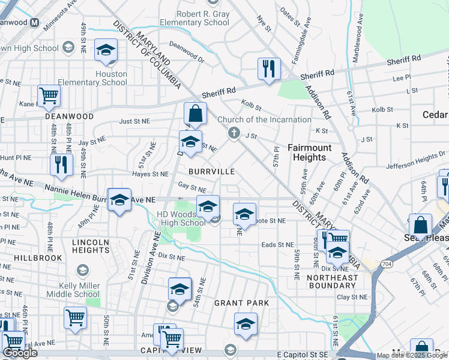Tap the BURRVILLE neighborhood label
click(211, 172)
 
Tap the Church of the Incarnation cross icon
click(235, 133)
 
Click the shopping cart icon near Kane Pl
click(49, 95)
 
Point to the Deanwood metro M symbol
click(34, 23)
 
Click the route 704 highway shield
click(382, 263)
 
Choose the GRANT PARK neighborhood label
click(242, 303)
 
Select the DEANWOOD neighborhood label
click(68, 116)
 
